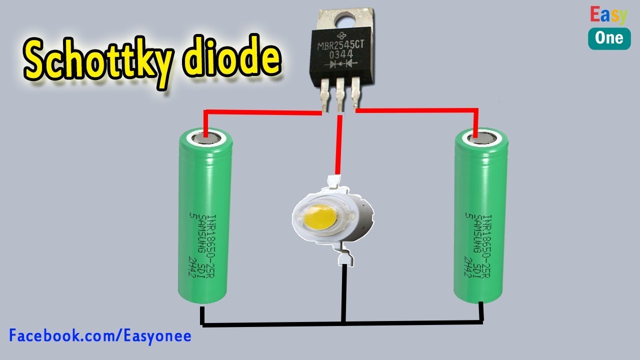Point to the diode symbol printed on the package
[x=341, y=64]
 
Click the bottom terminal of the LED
[x=345, y=258]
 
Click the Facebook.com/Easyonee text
[x=100, y=335]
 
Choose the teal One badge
[x=609, y=38]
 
